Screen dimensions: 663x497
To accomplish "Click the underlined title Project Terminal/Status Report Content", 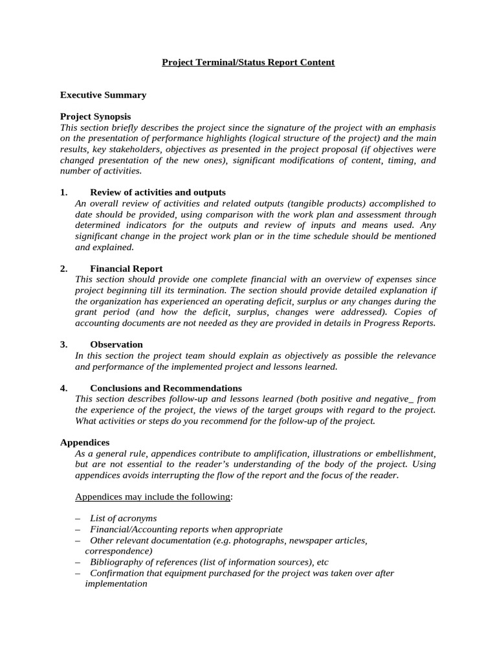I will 248,62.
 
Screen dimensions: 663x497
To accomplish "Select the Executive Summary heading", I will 103,95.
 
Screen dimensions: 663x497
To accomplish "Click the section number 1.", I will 63,192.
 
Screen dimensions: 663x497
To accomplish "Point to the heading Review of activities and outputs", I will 158,192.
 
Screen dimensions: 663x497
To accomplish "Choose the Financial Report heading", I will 126,269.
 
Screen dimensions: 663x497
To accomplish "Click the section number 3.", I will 63,344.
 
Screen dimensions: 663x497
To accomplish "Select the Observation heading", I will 116,344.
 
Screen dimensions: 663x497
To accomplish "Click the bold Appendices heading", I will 85,442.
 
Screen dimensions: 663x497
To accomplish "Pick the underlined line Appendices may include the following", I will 153,497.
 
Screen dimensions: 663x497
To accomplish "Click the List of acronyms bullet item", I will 123,519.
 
